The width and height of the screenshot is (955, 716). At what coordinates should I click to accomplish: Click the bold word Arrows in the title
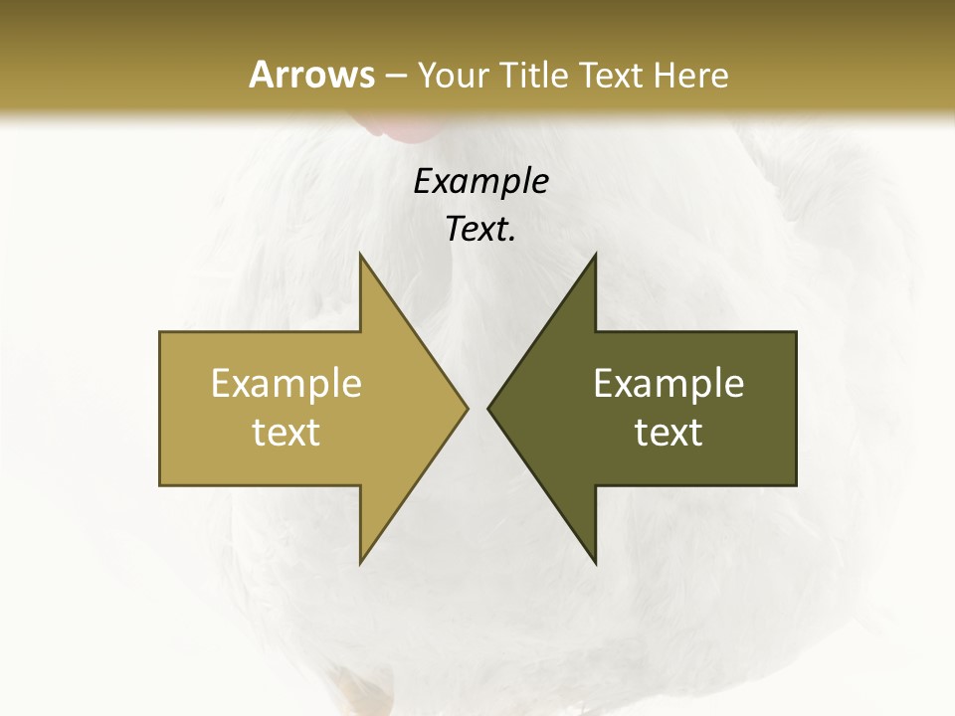coord(311,75)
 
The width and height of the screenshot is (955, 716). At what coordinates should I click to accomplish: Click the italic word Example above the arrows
coord(480,181)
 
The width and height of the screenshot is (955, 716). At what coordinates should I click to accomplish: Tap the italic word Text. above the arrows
coord(480,230)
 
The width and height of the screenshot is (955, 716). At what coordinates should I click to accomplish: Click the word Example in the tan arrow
coord(286,383)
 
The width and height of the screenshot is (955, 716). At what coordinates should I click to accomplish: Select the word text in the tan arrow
coord(286,433)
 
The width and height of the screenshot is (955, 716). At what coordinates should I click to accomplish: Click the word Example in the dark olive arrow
coord(668,383)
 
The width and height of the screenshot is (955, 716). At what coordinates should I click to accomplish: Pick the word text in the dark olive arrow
coord(668,433)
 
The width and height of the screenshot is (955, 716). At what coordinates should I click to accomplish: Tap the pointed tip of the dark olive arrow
coord(489,408)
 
